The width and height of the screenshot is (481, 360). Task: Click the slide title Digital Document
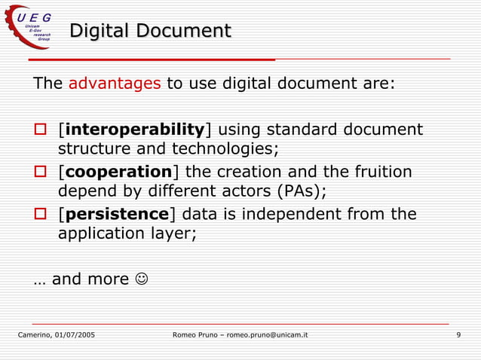click(x=150, y=32)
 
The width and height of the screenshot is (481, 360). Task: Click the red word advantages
click(x=115, y=83)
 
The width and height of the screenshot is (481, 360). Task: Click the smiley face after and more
click(x=141, y=279)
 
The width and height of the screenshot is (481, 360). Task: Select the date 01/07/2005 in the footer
click(x=75, y=334)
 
